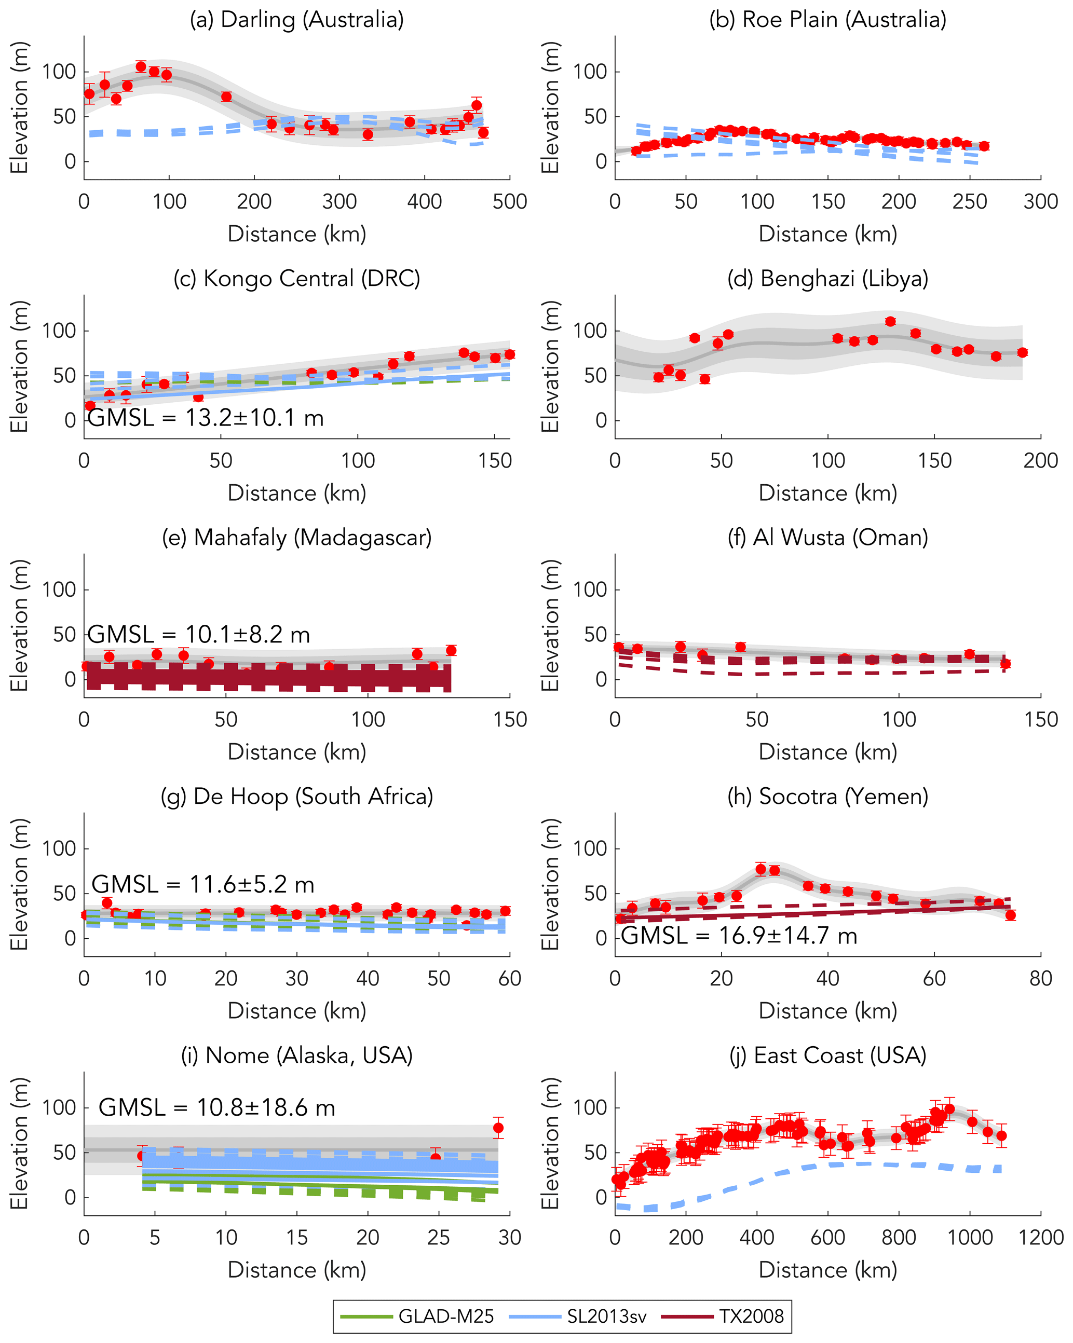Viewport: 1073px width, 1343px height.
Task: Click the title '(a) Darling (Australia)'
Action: tap(296, 20)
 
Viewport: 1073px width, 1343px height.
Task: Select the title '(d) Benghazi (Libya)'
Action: tap(827, 279)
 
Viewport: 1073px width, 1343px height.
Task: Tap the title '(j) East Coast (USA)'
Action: tap(827, 1055)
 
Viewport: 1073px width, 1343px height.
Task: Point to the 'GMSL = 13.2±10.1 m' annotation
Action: tap(206, 418)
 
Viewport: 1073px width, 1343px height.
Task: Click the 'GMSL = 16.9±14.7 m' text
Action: tap(739, 936)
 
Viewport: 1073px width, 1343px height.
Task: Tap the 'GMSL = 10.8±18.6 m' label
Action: tap(217, 1107)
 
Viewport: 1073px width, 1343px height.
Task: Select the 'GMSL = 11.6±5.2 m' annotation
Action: tap(202, 885)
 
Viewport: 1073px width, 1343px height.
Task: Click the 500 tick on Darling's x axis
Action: tap(510, 202)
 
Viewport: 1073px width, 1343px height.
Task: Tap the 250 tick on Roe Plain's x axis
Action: tap(970, 202)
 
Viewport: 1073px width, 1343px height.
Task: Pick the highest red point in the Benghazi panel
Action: tap(890, 321)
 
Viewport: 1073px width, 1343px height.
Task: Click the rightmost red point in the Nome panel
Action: tap(498, 1128)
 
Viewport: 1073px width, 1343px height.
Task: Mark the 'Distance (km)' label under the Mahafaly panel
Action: tap(296, 752)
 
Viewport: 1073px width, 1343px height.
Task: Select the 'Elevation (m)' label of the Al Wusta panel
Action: tap(550, 625)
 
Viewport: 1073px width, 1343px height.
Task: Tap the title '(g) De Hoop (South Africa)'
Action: tap(296, 796)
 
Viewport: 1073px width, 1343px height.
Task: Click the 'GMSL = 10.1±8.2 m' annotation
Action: tap(199, 635)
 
